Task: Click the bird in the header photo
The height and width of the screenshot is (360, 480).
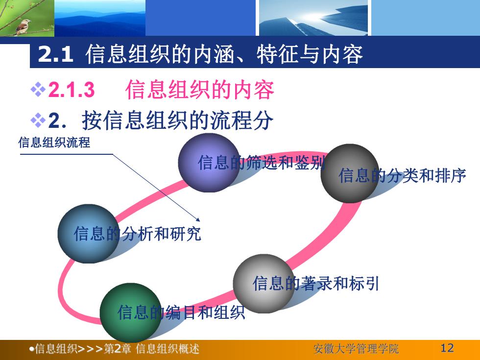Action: click(24, 26)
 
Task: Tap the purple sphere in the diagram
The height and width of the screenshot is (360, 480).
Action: click(209, 163)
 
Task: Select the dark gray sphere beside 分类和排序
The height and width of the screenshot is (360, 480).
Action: click(350, 173)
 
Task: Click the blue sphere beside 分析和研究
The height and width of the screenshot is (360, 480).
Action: click(89, 234)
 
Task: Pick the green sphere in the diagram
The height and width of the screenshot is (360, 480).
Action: click(131, 312)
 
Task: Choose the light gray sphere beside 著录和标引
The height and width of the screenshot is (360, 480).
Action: click(264, 284)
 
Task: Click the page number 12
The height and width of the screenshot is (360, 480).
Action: click(447, 348)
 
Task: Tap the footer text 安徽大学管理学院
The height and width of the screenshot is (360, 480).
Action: click(356, 349)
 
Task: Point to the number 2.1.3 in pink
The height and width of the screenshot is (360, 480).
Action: click(72, 90)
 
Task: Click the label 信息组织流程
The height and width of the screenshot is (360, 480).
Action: click(54, 143)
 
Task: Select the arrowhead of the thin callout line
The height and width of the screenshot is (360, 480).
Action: click(198, 219)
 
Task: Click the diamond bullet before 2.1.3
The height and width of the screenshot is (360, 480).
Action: click(38, 90)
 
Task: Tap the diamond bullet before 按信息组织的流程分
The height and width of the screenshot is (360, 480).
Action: click(38, 120)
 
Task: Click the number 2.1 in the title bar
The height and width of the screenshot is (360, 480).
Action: click(55, 54)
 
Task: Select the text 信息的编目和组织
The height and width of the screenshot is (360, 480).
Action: click(181, 312)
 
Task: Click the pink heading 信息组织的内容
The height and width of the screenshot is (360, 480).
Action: click(200, 90)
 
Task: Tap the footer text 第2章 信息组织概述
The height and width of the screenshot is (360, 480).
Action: click(151, 349)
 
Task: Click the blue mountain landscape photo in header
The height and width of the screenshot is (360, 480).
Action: click(100, 18)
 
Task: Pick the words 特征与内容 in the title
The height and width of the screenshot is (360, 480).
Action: click(310, 54)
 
